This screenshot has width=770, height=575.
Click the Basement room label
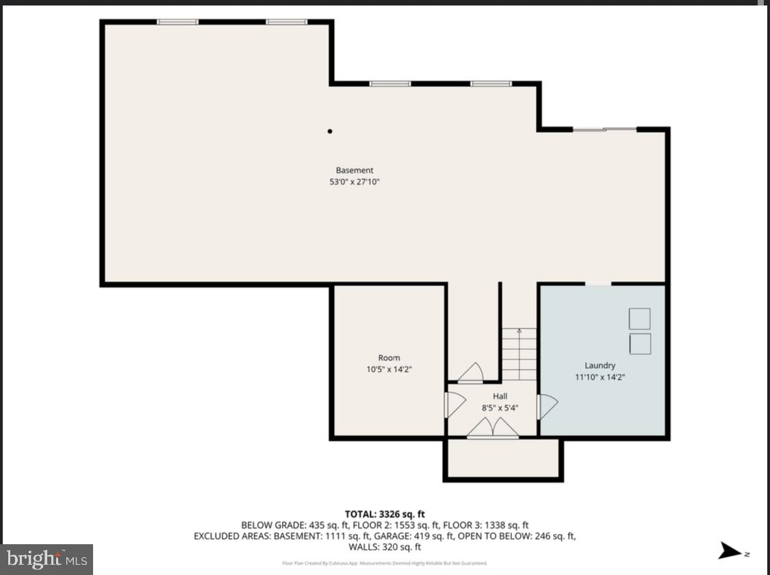pyautogui.click(x=355, y=170)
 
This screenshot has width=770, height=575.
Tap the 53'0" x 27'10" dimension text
pyautogui.click(x=355, y=182)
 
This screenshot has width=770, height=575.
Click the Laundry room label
pyautogui.click(x=600, y=366)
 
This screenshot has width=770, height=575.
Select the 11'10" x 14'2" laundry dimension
pyautogui.click(x=600, y=376)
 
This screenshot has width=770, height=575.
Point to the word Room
pyautogui.click(x=389, y=358)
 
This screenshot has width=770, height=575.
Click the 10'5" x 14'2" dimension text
pyautogui.click(x=389, y=369)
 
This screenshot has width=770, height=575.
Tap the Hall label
pyautogui.click(x=500, y=396)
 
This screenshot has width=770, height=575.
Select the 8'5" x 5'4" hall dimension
pyautogui.click(x=500, y=407)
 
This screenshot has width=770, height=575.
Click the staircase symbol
pyautogui.click(x=519, y=355)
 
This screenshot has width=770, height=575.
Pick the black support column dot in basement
pyautogui.click(x=330, y=131)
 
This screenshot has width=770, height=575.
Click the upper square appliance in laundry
pyautogui.click(x=639, y=319)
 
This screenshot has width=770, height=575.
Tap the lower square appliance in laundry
pyautogui.click(x=639, y=344)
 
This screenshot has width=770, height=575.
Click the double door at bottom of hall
pyautogui.click(x=493, y=429)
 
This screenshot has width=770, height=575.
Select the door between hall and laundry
pyautogui.click(x=548, y=407)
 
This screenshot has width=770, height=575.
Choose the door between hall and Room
pyautogui.click(x=455, y=404)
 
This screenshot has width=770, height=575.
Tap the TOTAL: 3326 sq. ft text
pyautogui.click(x=385, y=514)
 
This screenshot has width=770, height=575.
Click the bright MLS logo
pyautogui.click(x=47, y=559)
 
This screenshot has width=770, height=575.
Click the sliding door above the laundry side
pyautogui.click(x=604, y=129)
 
